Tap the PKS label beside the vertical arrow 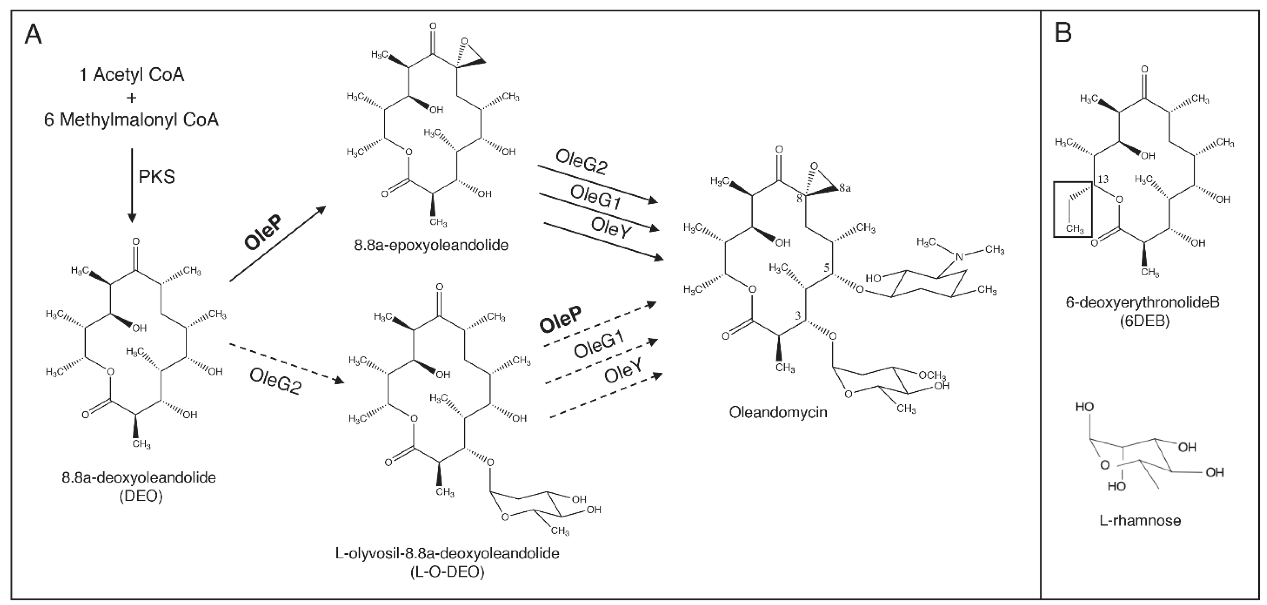tap(156, 177)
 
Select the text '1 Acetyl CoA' tap(131, 75)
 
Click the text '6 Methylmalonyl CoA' tap(131, 119)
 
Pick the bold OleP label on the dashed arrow tap(560, 319)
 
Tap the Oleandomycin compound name tap(778, 412)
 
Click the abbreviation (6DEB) tap(1142, 321)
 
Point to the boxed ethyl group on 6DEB tap(1072, 209)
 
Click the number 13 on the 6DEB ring tap(1103, 179)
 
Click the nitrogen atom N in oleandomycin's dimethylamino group tap(958, 256)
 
